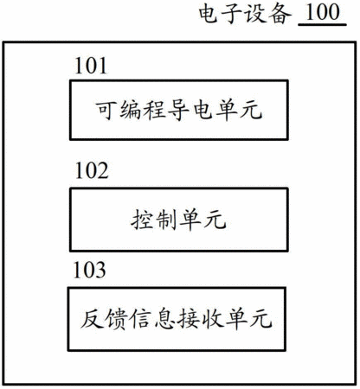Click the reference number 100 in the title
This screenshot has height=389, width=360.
(323, 12)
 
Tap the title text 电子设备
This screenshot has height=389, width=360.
(245, 14)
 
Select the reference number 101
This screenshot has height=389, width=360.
(91, 66)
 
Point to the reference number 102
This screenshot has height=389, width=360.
(92, 170)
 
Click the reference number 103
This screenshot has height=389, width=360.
(89, 270)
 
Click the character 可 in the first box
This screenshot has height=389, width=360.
(106, 110)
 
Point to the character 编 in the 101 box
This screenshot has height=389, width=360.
(131, 110)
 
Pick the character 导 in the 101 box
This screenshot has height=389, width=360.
(178, 110)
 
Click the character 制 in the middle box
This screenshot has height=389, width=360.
(166, 220)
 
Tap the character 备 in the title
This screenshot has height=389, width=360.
(280, 14)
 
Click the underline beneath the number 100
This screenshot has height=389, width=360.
(322, 25)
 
